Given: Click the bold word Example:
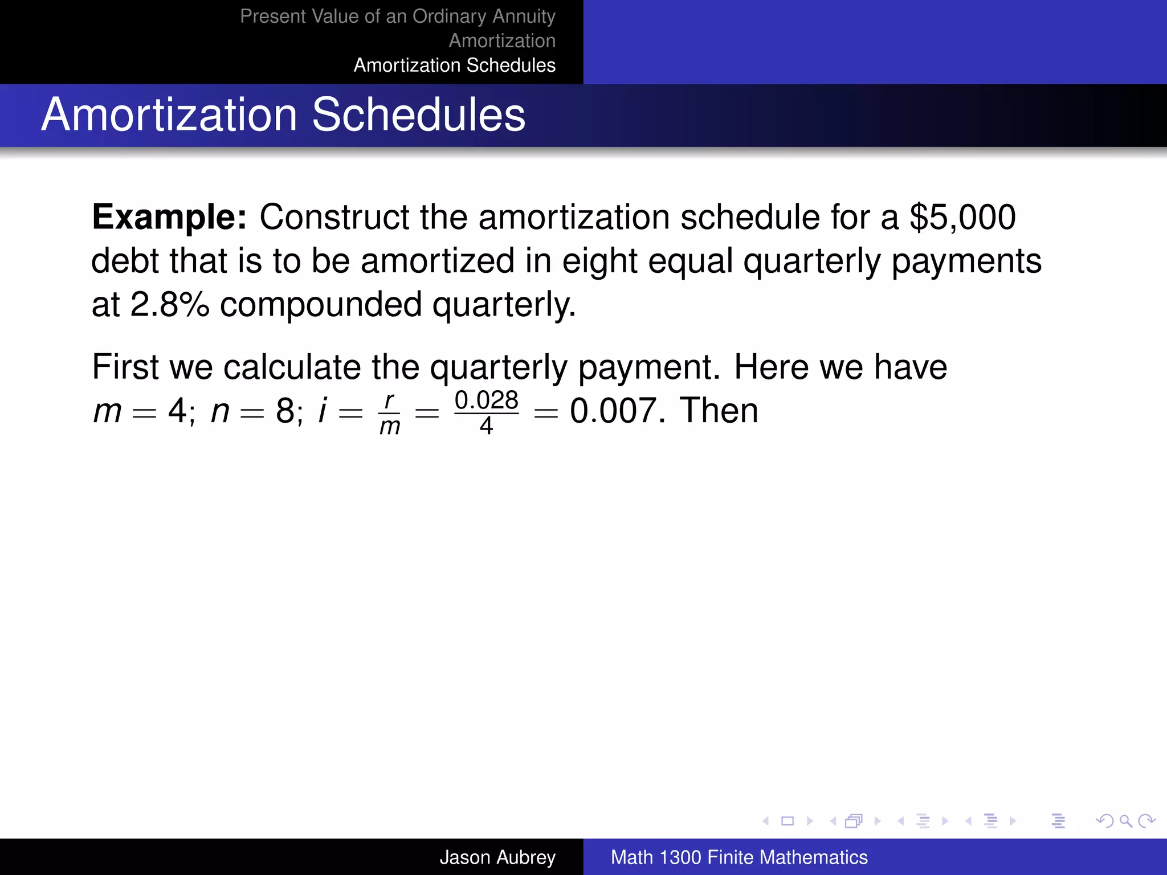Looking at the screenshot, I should pos(169,217).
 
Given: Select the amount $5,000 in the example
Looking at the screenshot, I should pos(962,217).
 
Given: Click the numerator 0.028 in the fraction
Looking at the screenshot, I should pos(486,400).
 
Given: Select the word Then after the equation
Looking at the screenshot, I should pos(719,411).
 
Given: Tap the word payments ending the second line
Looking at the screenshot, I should pos(966,261).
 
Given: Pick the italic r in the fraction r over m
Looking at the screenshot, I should pos(389,400).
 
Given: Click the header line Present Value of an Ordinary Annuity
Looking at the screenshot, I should pos(397,16).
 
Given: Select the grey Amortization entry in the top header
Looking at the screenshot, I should pos(501,40).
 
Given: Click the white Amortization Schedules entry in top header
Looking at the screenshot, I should pos(454,65).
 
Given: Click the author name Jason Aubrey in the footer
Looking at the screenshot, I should pos(497,857).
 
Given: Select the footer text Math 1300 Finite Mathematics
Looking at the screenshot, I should pos(738,857).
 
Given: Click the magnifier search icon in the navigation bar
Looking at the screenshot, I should pos(1125,821).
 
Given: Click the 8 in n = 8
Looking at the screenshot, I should pos(285,411).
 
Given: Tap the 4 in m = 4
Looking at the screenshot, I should pos(177,411).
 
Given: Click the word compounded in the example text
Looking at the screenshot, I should pos(320,304).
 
